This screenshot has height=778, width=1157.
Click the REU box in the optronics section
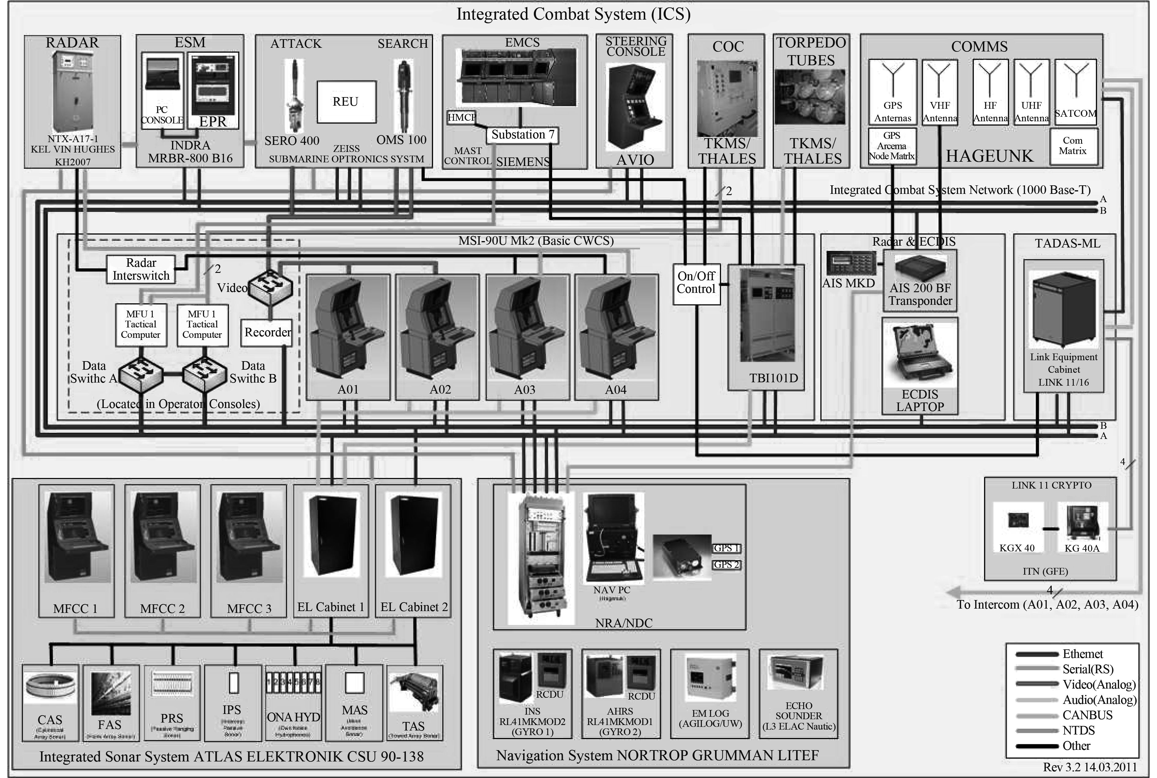(346, 102)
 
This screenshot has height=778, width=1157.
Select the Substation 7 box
(522, 135)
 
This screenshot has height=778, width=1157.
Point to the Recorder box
(267, 332)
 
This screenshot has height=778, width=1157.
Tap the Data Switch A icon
(141, 373)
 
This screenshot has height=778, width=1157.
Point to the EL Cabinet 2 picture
(414, 535)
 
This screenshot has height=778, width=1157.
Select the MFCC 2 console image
(163, 538)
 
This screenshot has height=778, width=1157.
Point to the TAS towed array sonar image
(414, 692)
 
